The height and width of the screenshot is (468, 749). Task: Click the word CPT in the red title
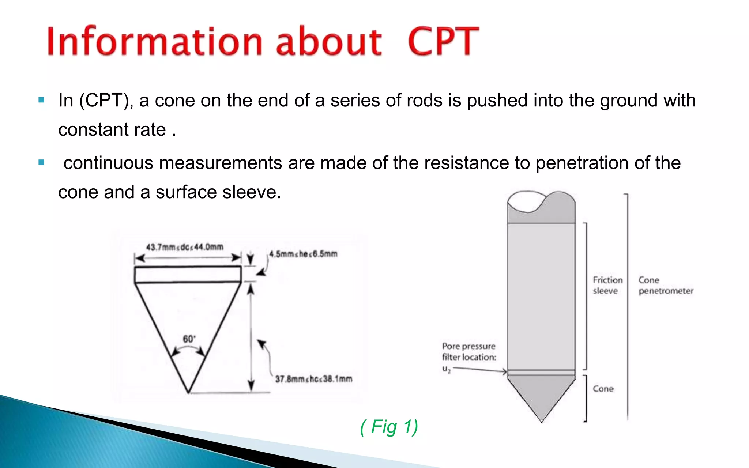(x=443, y=42)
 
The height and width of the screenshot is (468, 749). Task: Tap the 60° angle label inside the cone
(x=189, y=339)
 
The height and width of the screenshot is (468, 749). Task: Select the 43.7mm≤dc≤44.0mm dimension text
(x=185, y=247)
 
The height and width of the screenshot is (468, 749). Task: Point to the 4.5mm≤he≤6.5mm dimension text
(x=303, y=254)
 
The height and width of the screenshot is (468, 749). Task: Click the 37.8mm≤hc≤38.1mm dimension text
(x=313, y=379)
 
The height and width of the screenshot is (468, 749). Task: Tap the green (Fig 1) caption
(x=389, y=427)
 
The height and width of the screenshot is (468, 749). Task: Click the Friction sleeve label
(x=607, y=285)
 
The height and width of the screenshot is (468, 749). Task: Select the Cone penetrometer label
(x=666, y=285)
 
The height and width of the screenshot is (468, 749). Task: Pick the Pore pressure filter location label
(x=469, y=352)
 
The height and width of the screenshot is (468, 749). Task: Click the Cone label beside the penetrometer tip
(x=603, y=389)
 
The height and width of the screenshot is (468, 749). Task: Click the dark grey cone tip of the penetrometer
(x=541, y=395)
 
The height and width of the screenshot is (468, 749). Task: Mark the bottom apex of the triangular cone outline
(x=188, y=392)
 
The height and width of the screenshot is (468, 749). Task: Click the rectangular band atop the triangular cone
(x=188, y=275)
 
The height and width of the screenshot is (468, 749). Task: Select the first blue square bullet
(x=41, y=100)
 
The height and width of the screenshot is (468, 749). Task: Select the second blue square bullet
(x=41, y=162)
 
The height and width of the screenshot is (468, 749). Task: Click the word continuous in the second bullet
(x=108, y=163)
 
